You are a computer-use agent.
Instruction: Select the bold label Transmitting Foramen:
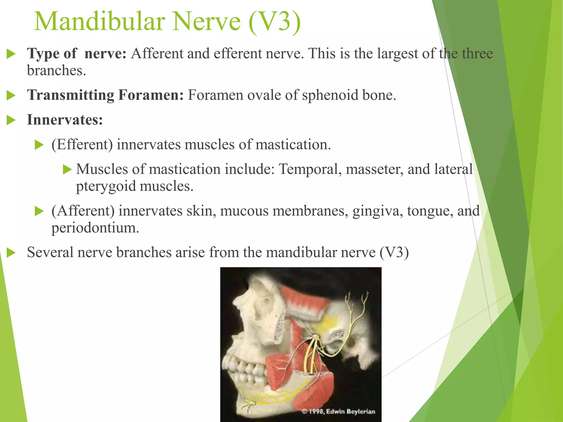(x=105, y=95)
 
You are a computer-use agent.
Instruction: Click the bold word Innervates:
(x=65, y=120)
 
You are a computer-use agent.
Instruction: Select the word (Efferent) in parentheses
(x=82, y=145)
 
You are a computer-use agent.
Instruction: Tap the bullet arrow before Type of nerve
(x=11, y=54)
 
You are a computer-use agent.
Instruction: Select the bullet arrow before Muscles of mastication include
(x=67, y=169)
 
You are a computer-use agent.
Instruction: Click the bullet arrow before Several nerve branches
(x=11, y=252)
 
